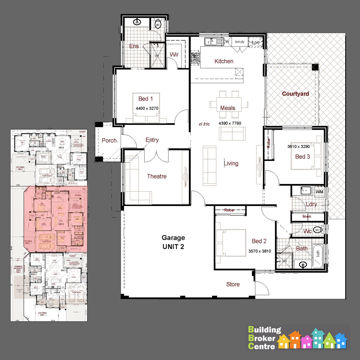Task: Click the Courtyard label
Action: [x=295, y=94]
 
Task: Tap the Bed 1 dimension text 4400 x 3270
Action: [x=147, y=108]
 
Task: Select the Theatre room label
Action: [x=157, y=176]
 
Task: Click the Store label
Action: [x=233, y=284]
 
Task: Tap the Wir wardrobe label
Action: [x=174, y=54]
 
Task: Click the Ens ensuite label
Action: [x=134, y=46]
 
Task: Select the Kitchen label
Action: [x=224, y=61]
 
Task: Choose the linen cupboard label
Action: [x=307, y=217]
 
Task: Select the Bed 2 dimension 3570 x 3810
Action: [x=259, y=251]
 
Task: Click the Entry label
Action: [x=152, y=140]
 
